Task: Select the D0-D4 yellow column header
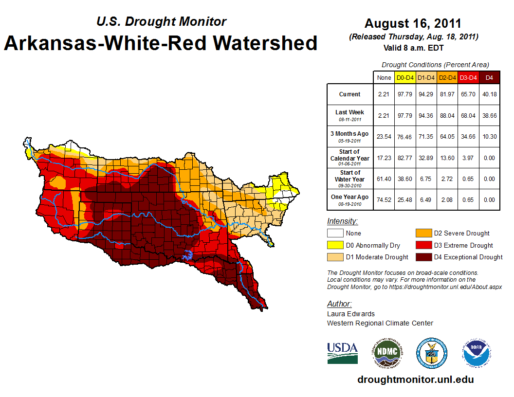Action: click(x=404, y=77)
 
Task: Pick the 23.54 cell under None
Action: click(x=384, y=137)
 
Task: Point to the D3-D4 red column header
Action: click(x=468, y=77)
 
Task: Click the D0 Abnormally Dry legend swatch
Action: click(x=335, y=245)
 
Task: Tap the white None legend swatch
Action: click(x=335, y=234)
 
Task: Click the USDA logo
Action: click(x=342, y=353)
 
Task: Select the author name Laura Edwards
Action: click(x=350, y=314)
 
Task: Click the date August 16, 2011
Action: click(x=413, y=23)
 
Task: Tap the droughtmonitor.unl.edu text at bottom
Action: click(x=415, y=379)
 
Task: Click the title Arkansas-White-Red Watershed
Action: click(x=161, y=43)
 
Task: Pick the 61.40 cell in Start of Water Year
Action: click(x=384, y=179)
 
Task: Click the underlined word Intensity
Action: click(x=342, y=221)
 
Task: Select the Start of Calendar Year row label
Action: click(x=349, y=158)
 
